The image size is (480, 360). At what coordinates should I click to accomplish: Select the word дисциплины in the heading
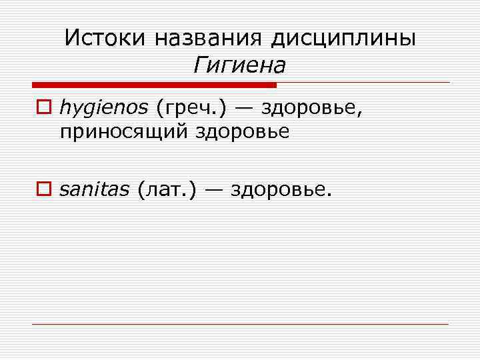(343, 37)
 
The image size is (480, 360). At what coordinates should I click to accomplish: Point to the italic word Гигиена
(239, 65)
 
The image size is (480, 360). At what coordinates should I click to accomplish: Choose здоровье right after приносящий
(243, 131)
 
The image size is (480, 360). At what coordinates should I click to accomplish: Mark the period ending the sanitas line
(329, 195)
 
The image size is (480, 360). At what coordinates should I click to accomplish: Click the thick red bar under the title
(154, 85)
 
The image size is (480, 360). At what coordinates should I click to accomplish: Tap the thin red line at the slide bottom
(240, 324)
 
